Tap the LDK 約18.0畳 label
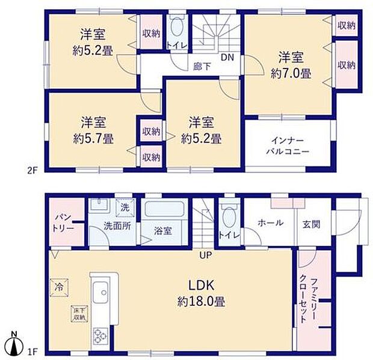click(x=202, y=293)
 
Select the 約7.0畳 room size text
click(x=291, y=75)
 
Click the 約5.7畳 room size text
click(x=93, y=139)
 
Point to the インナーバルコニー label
click(x=288, y=146)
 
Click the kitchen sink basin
click(x=100, y=293)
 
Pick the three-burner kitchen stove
click(x=100, y=336)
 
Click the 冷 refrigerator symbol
click(x=59, y=288)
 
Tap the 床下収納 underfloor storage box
click(x=79, y=314)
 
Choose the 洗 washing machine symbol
click(x=125, y=208)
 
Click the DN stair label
click(x=227, y=57)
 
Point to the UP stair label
click(x=206, y=255)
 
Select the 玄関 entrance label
click(x=311, y=224)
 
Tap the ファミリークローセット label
click(x=308, y=301)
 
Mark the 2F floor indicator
click(x=32, y=171)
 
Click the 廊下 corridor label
click(x=202, y=67)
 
